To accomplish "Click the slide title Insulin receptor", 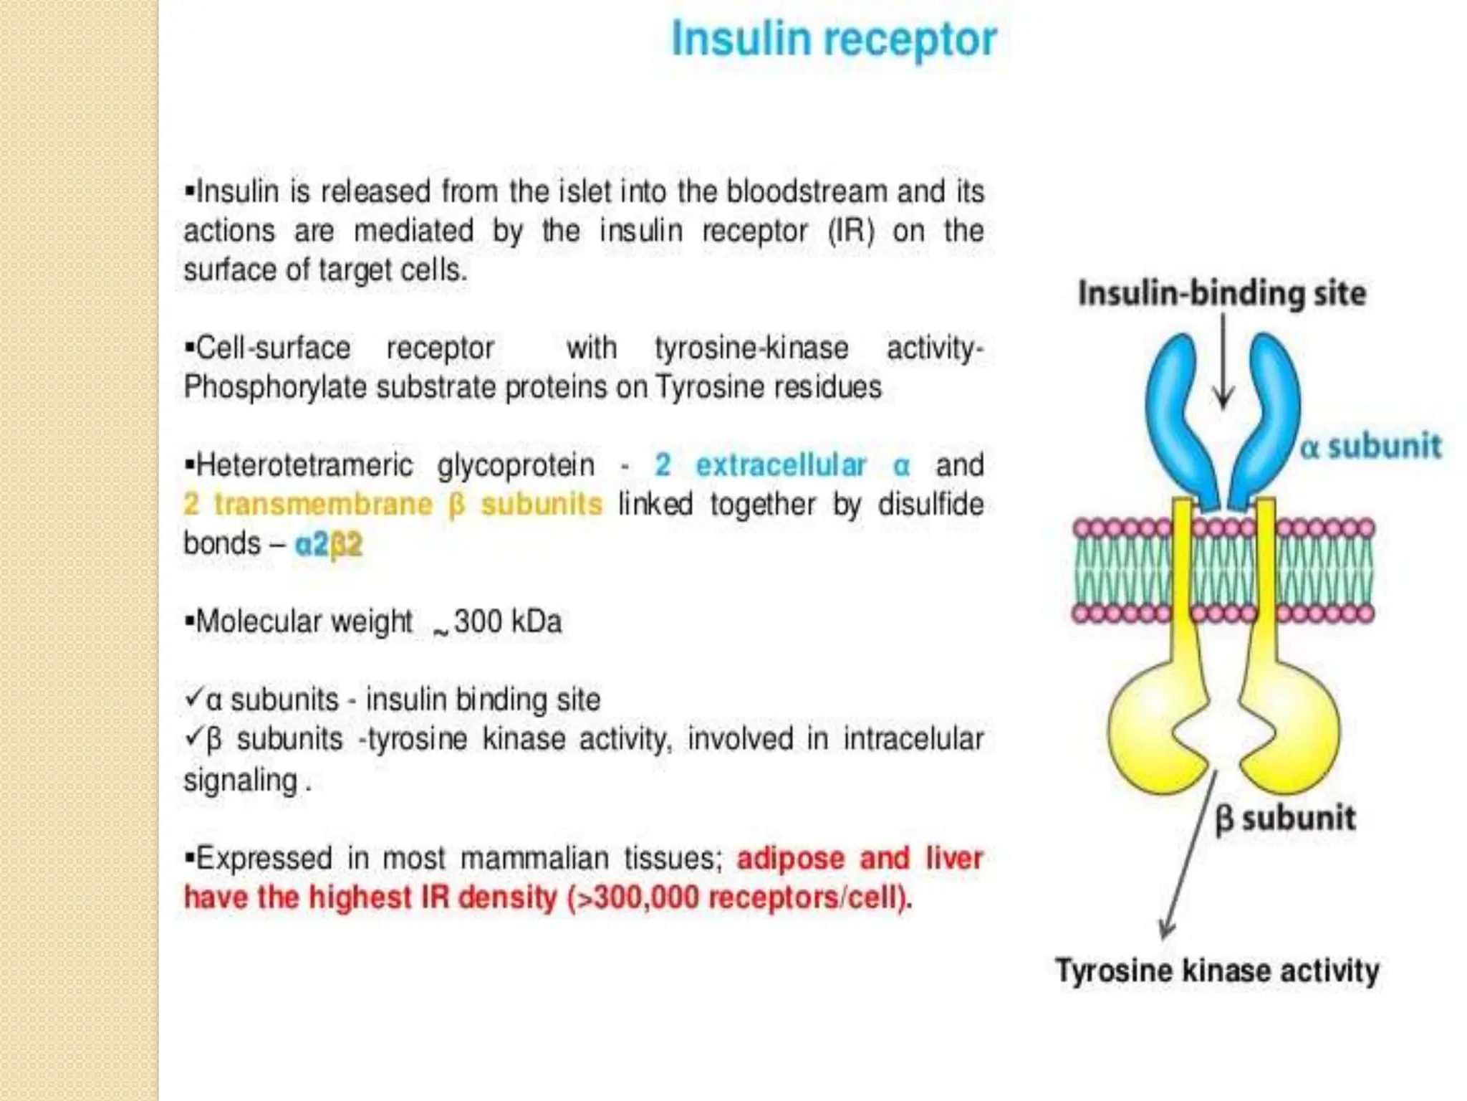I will pyautogui.click(x=834, y=39).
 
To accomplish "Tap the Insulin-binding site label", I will pyautogui.click(x=1222, y=294).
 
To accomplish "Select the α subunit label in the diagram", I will pyautogui.click(x=1370, y=446).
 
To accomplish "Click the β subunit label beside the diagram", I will pyautogui.click(x=1285, y=818).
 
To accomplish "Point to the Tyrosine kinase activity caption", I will pyautogui.click(x=1217, y=971).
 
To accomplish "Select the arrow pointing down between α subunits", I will pyautogui.click(x=1223, y=366).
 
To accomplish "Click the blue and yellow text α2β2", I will pyautogui.click(x=329, y=544).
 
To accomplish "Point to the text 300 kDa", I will pyautogui.click(x=507, y=621).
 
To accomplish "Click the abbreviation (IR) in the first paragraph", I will pyautogui.click(x=851, y=231).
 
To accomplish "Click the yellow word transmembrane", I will pyautogui.click(x=323, y=504).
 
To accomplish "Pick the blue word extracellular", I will pyautogui.click(x=781, y=465).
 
